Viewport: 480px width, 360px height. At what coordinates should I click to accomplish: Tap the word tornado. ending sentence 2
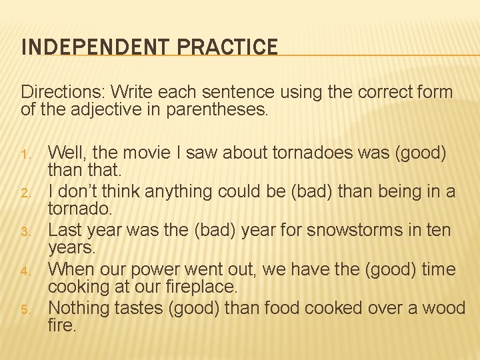pyautogui.click(x=81, y=209)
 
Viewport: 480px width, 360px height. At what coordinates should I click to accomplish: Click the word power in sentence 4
pyautogui.click(x=155, y=269)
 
